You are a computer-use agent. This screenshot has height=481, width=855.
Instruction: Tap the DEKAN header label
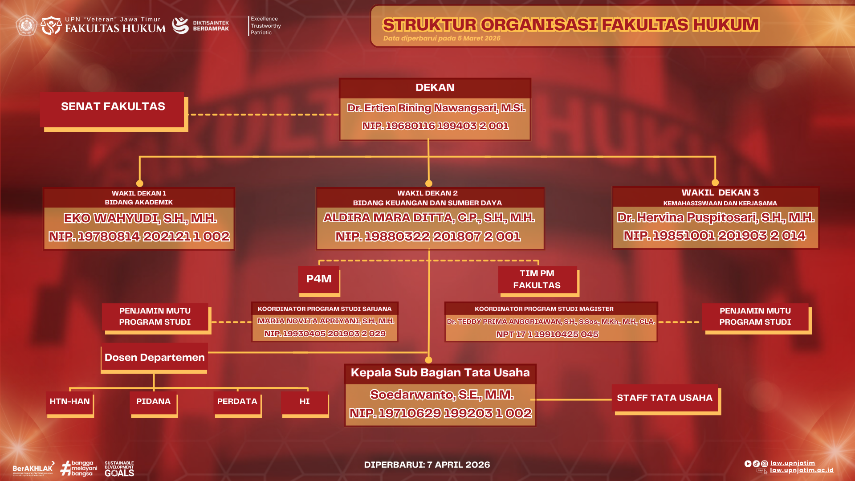[x=435, y=88]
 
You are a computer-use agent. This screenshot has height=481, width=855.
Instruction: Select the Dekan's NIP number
[x=435, y=126]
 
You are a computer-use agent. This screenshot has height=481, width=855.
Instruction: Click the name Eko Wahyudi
[x=140, y=218]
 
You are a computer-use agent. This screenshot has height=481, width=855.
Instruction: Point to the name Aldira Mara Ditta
[x=429, y=218]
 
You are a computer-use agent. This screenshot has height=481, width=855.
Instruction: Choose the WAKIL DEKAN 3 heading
[x=720, y=193]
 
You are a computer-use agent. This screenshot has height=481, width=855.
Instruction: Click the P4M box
[x=319, y=279]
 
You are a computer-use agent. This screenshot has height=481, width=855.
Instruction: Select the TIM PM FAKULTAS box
[x=537, y=280]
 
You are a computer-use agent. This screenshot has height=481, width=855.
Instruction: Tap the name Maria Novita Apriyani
[x=326, y=321]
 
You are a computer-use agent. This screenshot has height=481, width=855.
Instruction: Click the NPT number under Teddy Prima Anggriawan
[x=547, y=334]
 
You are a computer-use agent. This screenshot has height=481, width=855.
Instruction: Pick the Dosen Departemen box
[x=155, y=358]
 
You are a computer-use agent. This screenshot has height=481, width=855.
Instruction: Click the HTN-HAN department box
[x=70, y=402]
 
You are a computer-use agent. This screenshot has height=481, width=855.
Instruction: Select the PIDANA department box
[x=154, y=402]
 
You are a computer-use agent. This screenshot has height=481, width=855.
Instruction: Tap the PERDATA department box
[x=237, y=402]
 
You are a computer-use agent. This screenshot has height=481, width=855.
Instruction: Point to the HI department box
[x=305, y=402]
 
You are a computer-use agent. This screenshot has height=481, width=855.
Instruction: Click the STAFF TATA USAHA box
[x=664, y=398]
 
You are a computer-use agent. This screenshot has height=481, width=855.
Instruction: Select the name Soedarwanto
[x=441, y=395]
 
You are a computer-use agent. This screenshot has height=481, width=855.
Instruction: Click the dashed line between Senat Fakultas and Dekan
[x=263, y=114]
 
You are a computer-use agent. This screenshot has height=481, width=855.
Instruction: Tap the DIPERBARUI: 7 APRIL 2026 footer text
[x=427, y=465]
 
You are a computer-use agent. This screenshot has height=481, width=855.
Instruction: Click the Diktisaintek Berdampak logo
[x=201, y=26]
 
